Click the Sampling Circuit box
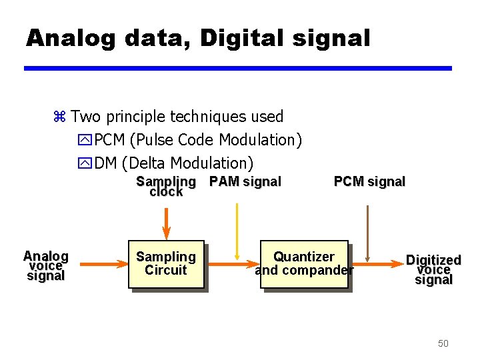point(165,264)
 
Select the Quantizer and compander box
point(304,264)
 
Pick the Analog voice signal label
point(45,265)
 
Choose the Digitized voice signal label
point(433,269)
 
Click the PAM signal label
point(245,181)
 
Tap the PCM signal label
point(369,181)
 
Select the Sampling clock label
point(166,186)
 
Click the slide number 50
point(443,343)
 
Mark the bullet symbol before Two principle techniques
point(59,117)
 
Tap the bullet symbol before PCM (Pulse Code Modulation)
point(85,141)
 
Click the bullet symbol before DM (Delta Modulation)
point(85,163)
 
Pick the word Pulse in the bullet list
point(153,140)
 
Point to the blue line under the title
point(238,68)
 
